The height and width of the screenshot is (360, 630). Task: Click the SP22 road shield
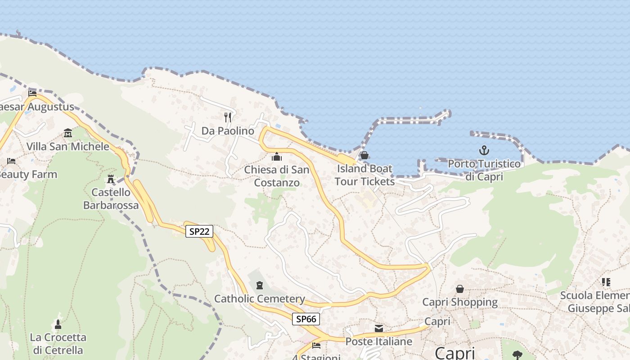199,232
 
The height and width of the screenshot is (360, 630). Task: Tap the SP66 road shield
306,319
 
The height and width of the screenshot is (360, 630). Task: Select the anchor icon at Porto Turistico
484,150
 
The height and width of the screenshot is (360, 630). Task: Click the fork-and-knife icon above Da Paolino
228,117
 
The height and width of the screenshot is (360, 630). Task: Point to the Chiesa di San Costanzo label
277,176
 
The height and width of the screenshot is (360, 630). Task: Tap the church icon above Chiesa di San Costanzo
276,157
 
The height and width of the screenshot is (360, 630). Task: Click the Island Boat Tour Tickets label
364,175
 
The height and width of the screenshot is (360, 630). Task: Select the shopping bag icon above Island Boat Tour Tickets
364,155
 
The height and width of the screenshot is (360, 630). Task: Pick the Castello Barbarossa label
111,198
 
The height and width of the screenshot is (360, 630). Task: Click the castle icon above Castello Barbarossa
111,179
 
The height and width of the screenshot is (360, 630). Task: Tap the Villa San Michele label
68,146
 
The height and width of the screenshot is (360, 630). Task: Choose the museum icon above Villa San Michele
68,133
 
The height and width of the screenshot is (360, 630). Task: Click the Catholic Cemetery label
260,299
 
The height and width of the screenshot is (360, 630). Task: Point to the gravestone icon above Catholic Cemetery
259,285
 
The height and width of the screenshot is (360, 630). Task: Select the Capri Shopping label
460,302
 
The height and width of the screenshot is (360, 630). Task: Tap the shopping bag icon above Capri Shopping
460,288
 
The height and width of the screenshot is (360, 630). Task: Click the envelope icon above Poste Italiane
379,328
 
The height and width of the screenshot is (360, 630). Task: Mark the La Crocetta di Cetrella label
58,343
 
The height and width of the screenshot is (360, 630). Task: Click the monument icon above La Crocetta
58,324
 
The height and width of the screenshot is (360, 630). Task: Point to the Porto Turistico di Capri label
484,170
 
